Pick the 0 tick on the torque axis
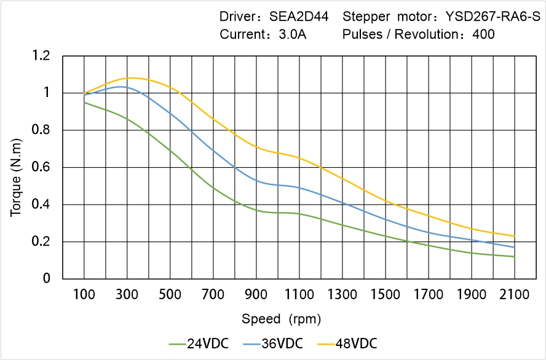47,279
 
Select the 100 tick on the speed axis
84,295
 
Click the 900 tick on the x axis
256,295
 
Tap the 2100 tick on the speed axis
515,295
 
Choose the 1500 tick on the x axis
386,295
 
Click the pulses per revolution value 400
483,34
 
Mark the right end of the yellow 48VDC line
515,236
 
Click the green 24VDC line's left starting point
84,102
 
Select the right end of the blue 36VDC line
515,247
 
